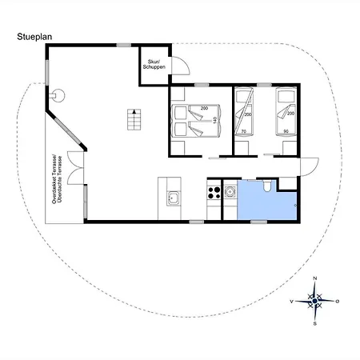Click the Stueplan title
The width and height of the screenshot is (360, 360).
click(34, 37)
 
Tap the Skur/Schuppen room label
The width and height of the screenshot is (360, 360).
click(154, 65)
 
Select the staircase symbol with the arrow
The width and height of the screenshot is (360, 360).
click(134, 119)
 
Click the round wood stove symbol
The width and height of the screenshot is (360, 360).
click(58, 95)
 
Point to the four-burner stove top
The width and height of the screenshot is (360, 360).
click(214, 193)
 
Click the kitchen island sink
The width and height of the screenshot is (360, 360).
click(174, 198)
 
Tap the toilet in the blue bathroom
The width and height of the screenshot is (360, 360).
click(266, 186)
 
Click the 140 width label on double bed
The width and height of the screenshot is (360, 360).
click(214, 120)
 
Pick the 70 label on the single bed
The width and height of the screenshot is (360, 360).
click(243, 131)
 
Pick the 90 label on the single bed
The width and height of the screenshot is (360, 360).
click(286, 131)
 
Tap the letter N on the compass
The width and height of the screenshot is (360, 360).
click(315, 278)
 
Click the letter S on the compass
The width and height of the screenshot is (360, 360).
click(315, 324)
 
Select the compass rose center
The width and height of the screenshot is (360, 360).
click(315, 301)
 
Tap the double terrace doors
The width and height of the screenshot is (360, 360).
click(75, 168)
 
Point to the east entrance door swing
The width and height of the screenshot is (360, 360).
click(310, 166)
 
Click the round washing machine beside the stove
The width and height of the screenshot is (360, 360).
click(230, 191)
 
